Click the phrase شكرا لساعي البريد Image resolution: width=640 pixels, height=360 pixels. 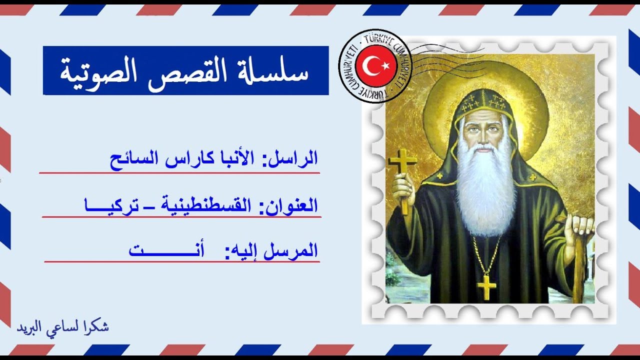63,327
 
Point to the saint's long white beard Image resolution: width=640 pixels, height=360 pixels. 485,195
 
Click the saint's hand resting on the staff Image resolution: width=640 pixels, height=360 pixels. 580,227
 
